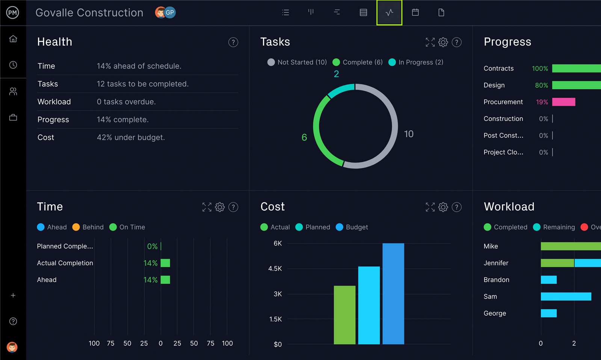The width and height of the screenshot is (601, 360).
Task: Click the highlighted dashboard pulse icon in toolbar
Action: tap(389, 13)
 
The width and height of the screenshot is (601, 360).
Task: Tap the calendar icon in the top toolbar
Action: tap(415, 13)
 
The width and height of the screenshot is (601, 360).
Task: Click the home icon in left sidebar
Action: tap(13, 39)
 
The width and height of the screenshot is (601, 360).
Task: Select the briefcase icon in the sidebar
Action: tap(13, 117)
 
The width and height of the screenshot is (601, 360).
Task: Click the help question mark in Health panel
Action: tap(233, 42)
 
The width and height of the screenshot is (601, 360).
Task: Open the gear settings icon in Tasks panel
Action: tap(443, 42)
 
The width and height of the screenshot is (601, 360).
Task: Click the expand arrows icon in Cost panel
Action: tap(430, 207)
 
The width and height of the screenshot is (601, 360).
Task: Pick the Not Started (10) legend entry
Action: tap(297, 62)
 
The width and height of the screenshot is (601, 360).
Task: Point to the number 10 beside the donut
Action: tap(409, 134)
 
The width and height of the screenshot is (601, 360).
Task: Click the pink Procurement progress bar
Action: tap(563, 102)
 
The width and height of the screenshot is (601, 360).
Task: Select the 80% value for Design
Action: tap(541, 85)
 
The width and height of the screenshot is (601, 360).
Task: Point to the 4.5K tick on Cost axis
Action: tap(275, 269)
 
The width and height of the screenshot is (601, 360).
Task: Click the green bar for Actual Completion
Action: tap(165, 263)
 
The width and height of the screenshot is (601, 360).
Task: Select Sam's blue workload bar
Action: tap(566, 297)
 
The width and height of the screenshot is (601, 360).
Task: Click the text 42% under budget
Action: tap(131, 137)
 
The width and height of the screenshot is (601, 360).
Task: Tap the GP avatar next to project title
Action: tap(170, 13)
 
